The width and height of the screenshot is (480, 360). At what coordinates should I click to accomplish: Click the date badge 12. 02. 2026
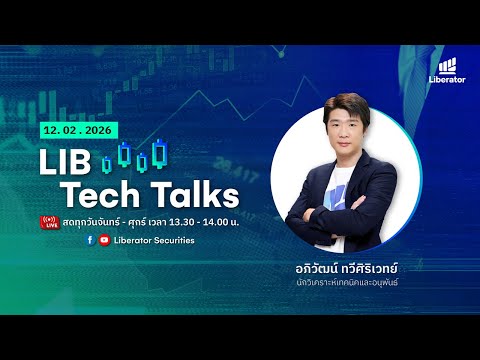pyautogui.click(x=76, y=130)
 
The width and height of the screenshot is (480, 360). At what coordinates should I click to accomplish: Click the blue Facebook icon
pyautogui.click(x=91, y=240)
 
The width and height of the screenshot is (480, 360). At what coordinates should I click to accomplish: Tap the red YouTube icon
pyautogui.click(x=104, y=240)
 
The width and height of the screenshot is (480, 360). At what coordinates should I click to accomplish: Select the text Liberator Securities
pyautogui.click(x=155, y=240)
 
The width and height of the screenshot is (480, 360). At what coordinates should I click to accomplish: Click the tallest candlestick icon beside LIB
pyautogui.click(x=124, y=153)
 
